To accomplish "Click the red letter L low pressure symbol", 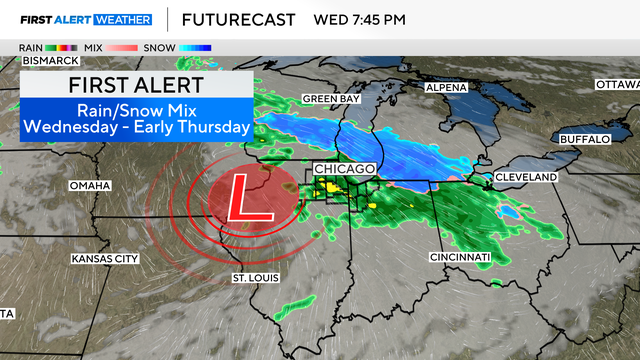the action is [x=240, y=197].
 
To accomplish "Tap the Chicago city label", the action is [x=344, y=169].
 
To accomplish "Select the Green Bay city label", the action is [x=331, y=99].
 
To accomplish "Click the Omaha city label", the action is [x=89, y=186].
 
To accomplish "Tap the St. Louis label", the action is [x=251, y=276].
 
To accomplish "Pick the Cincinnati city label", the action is [x=461, y=257].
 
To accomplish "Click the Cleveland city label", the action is [x=525, y=177].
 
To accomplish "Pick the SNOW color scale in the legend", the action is [x=195, y=47].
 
